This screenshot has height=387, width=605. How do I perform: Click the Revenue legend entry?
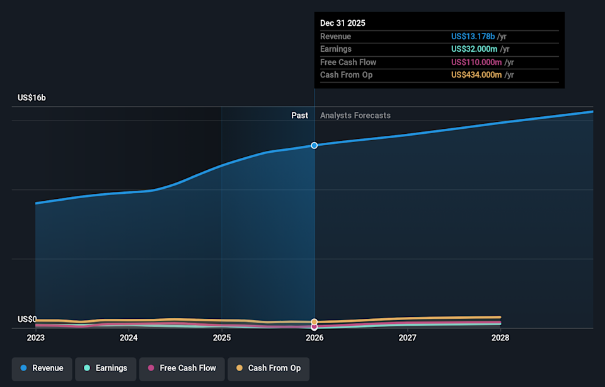coord(42,368)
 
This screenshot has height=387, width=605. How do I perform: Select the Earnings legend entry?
coord(105,368)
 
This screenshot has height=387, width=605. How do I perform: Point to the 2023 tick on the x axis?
coord(36,338)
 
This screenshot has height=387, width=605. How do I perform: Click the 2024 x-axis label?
coord(129,338)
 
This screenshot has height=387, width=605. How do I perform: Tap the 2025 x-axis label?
coord(222,338)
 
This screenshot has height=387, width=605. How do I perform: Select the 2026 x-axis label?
coord(314,338)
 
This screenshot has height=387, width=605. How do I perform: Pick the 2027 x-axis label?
coord(408,338)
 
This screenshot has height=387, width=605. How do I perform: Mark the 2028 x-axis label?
coord(500,338)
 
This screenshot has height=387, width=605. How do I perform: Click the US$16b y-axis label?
coord(32,98)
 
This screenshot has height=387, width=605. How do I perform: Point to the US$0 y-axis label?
coord(27,319)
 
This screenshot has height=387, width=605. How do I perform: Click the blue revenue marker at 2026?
coord(314,145)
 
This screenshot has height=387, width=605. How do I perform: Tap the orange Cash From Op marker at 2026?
coord(314,322)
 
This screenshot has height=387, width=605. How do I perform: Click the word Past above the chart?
coord(299,116)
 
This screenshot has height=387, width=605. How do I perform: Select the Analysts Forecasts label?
coord(355,116)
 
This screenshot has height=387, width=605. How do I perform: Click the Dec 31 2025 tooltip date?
coord(343,23)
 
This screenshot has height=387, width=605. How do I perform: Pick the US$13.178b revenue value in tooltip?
coord(473,37)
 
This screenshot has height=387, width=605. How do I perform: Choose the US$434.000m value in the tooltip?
coord(476,75)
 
